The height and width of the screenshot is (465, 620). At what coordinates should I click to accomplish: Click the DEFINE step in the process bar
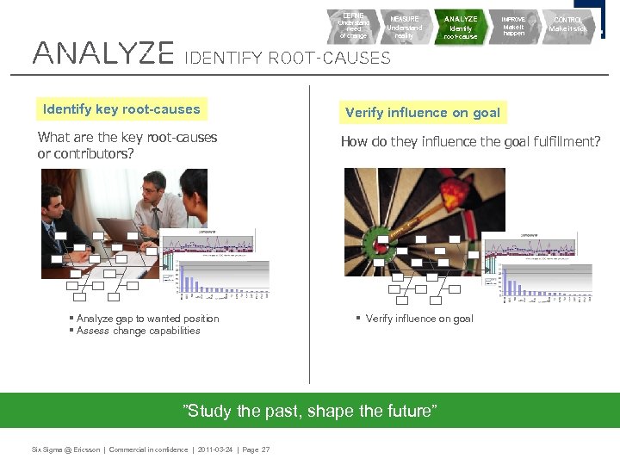coord(354,26)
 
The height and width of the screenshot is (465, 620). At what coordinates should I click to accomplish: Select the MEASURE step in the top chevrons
coord(405,27)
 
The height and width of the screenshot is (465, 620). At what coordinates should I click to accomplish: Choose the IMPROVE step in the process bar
coord(514,26)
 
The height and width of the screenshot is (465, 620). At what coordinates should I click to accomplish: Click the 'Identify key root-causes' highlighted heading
coord(121,109)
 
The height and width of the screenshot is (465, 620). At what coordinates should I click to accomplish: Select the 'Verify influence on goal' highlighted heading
coord(422,113)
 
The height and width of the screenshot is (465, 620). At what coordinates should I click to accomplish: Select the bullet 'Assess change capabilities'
coord(138,331)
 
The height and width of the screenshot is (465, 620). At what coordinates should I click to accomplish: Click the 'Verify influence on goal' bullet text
coord(419,319)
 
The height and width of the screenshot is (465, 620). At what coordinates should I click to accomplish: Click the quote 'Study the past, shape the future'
coord(312,411)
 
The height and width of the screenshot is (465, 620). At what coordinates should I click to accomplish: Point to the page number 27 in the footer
coord(264,450)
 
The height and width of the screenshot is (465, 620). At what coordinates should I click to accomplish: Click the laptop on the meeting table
coord(121,229)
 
